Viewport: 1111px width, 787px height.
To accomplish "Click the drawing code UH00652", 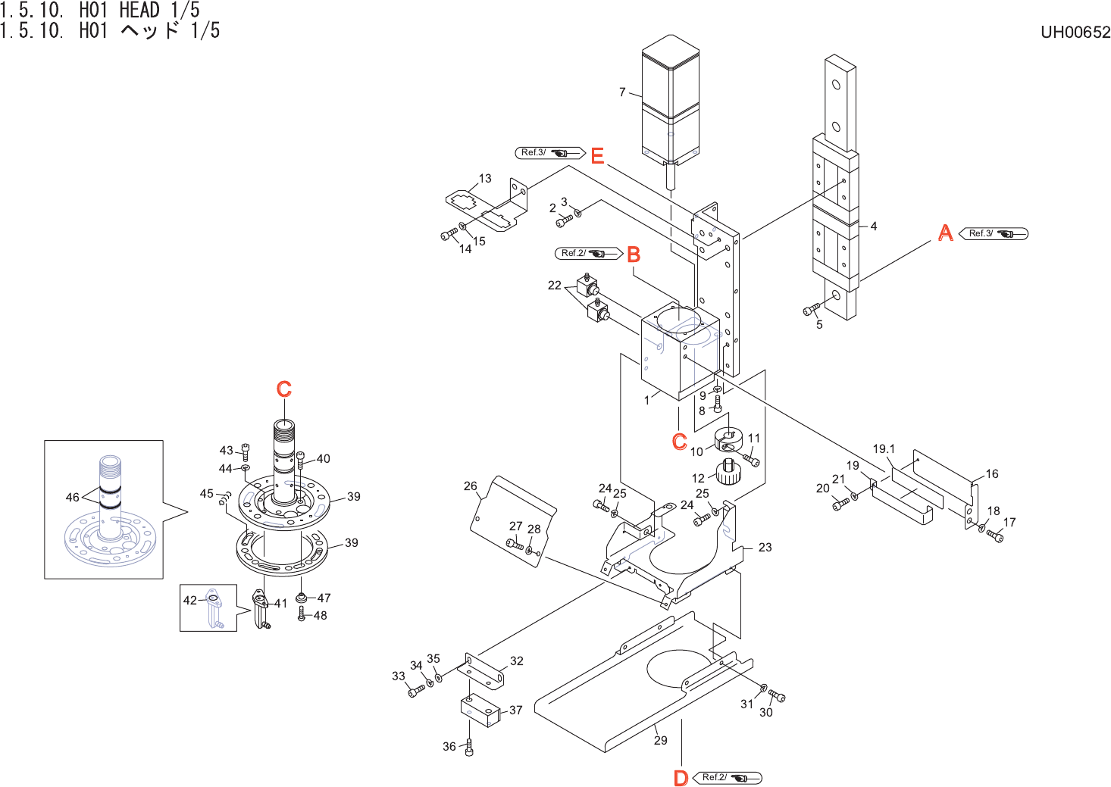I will pyautogui.click(x=1075, y=32).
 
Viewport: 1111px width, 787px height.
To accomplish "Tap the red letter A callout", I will pyautogui.click(x=945, y=233).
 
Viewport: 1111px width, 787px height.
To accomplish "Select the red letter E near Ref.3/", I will pyautogui.click(x=597, y=156).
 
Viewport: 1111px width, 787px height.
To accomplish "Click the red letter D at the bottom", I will pyautogui.click(x=681, y=778).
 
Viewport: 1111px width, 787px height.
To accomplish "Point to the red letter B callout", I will pyautogui.click(x=634, y=255).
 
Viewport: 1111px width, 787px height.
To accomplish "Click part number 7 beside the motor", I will pyautogui.click(x=622, y=92).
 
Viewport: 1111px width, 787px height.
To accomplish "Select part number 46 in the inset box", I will pyautogui.click(x=72, y=497).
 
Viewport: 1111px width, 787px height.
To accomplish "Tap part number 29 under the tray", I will pyautogui.click(x=661, y=740).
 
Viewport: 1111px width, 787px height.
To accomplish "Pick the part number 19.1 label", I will pyautogui.click(x=884, y=449).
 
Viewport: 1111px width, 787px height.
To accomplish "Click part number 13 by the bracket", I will pyautogui.click(x=485, y=179).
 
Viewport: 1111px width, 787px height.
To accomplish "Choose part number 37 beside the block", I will pyautogui.click(x=516, y=710).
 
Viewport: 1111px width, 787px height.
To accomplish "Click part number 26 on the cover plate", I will pyautogui.click(x=471, y=486).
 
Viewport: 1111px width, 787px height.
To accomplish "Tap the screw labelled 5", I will pyautogui.click(x=811, y=309).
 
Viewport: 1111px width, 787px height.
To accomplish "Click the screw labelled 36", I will pyautogui.click(x=468, y=748).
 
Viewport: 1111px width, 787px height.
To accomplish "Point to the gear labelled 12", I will pyautogui.click(x=728, y=472).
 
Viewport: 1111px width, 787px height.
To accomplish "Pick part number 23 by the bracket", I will pyautogui.click(x=765, y=547).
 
